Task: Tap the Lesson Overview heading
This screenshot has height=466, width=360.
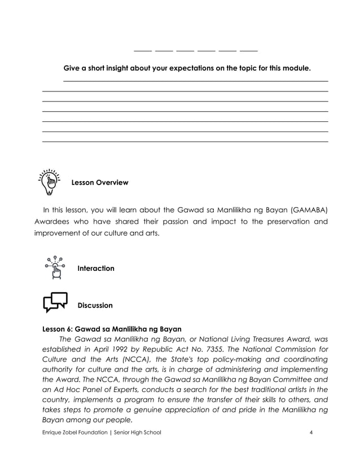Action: click(x=99, y=183)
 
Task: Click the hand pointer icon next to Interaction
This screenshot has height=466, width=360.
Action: click(x=55, y=267)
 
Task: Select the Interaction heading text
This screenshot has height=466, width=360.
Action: click(x=95, y=269)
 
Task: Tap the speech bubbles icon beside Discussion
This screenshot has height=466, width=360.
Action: click(x=55, y=302)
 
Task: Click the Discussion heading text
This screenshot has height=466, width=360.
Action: click(x=95, y=306)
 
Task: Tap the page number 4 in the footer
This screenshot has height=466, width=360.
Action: click(x=311, y=433)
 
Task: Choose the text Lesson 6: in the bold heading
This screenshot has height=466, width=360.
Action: click(x=58, y=328)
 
